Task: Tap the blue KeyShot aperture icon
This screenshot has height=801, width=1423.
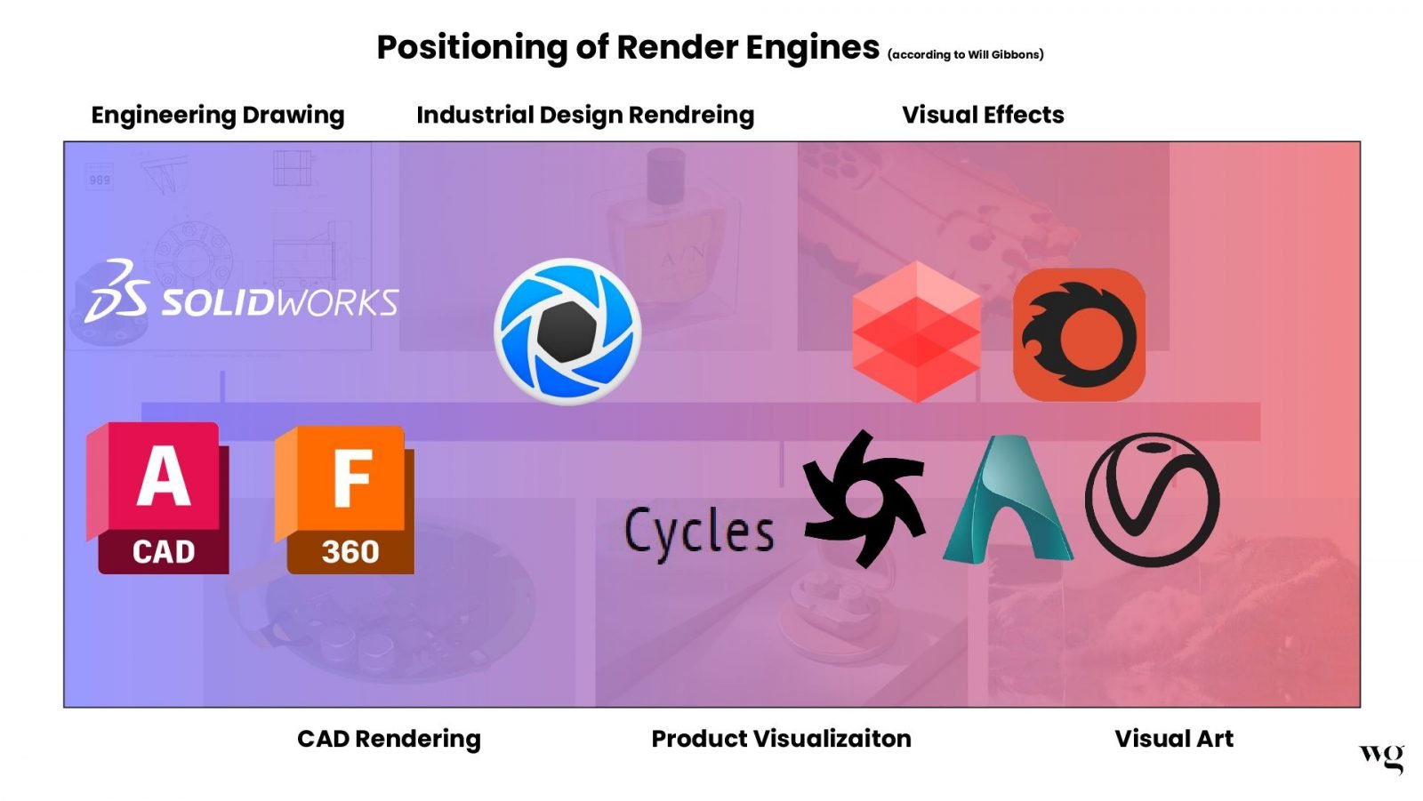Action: (x=567, y=331)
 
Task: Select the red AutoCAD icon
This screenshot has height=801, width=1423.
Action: (x=158, y=498)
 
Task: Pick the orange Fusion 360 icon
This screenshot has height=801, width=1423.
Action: (x=345, y=499)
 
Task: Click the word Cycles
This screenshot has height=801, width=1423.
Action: (x=699, y=532)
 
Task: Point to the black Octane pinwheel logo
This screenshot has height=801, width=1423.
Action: (x=863, y=498)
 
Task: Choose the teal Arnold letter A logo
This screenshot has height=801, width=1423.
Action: (x=1008, y=501)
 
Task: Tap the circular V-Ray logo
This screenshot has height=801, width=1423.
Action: (x=1153, y=500)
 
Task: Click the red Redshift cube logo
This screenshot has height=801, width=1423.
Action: (x=916, y=331)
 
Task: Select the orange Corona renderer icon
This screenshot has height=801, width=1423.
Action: (x=1079, y=334)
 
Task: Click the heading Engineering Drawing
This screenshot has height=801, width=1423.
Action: (x=218, y=115)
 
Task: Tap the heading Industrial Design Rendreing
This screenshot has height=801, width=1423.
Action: (x=585, y=115)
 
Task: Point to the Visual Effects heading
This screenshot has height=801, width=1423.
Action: (x=983, y=115)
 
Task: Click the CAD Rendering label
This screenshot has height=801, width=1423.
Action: (x=389, y=739)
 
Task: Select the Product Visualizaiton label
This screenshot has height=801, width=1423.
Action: (x=781, y=739)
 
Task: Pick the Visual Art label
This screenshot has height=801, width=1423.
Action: (x=1174, y=739)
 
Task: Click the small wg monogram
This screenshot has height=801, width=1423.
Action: (x=1381, y=757)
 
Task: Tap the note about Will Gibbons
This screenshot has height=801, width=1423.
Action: (x=965, y=55)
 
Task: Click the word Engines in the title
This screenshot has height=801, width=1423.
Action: (x=812, y=47)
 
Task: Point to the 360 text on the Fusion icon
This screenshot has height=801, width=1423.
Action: (x=350, y=552)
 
